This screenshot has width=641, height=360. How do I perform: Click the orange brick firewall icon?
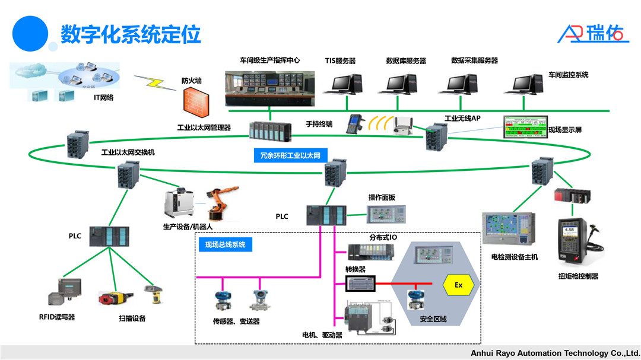tap(196, 101)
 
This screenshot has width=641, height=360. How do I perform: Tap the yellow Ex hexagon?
tap(458, 285)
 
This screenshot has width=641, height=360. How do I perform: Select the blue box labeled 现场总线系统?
tap(226, 244)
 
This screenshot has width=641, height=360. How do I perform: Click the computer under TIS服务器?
tap(342, 84)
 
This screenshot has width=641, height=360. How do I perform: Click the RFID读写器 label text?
tap(57, 317)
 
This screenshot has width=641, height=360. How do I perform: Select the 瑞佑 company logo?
tap(592, 34)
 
